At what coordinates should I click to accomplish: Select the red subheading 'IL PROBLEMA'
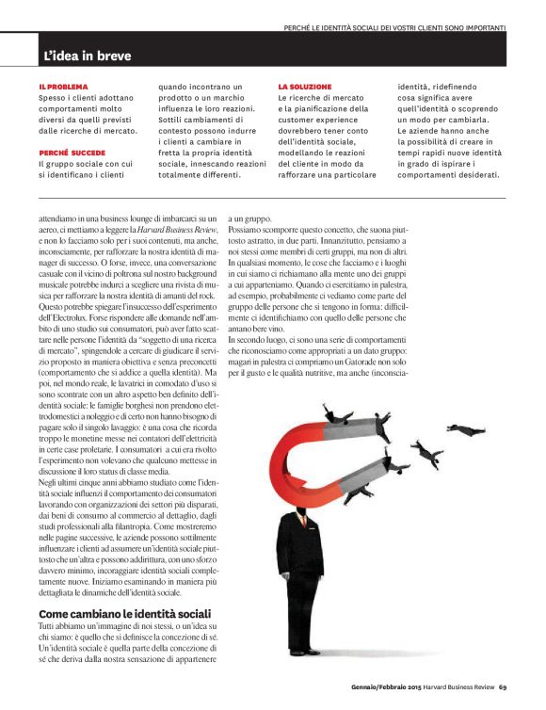coord(63,87)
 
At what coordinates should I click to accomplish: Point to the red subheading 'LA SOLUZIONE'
coord(304,87)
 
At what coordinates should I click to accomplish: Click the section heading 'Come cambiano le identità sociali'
coord(118,589)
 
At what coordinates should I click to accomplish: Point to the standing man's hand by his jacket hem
coord(284,576)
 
